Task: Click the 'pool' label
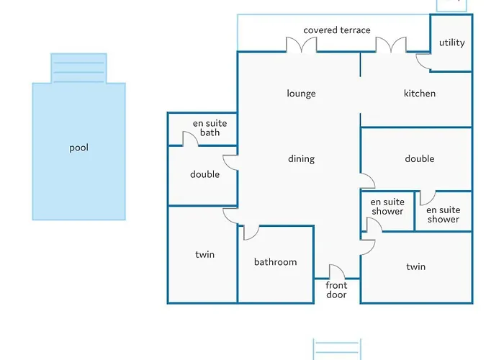click(x=78, y=148)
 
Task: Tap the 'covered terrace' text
click(x=337, y=30)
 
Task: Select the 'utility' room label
click(x=452, y=42)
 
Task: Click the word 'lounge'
click(x=301, y=94)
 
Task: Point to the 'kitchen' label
click(x=419, y=94)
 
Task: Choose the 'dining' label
click(x=301, y=159)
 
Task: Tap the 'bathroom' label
click(x=275, y=262)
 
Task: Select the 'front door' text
click(x=336, y=290)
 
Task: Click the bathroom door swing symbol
click(x=251, y=233)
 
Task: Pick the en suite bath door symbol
click(x=189, y=140)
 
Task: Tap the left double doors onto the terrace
click(x=301, y=45)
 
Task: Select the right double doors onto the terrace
click(x=391, y=45)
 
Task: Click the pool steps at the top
click(x=78, y=68)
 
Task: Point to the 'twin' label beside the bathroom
click(x=204, y=255)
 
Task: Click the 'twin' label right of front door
click(x=415, y=266)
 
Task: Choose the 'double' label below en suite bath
click(x=204, y=174)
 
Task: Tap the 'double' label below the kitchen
click(x=419, y=159)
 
